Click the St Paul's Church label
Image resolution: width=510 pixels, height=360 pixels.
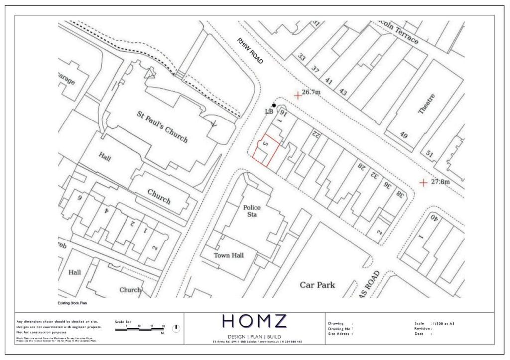(162, 126)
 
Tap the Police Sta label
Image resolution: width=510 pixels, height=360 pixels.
(252, 211)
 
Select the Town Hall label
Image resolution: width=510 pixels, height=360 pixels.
(229, 255)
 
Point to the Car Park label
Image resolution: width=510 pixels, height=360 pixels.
(317, 285)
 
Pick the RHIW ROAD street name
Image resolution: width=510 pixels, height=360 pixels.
(250, 51)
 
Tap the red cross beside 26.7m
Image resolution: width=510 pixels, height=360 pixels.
(298, 95)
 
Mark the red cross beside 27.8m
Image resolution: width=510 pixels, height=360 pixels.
(423, 183)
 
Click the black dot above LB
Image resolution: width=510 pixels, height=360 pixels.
(274, 105)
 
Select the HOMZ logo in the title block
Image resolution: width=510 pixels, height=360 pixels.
(255, 321)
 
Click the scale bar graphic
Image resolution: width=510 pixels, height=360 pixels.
(139, 330)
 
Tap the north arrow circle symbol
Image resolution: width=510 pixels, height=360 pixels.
(176, 329)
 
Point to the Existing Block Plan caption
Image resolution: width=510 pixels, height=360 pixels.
(73, 303)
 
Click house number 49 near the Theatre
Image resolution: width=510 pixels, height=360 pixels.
(403, 135)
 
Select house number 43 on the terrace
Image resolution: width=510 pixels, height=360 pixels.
(343, 92)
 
